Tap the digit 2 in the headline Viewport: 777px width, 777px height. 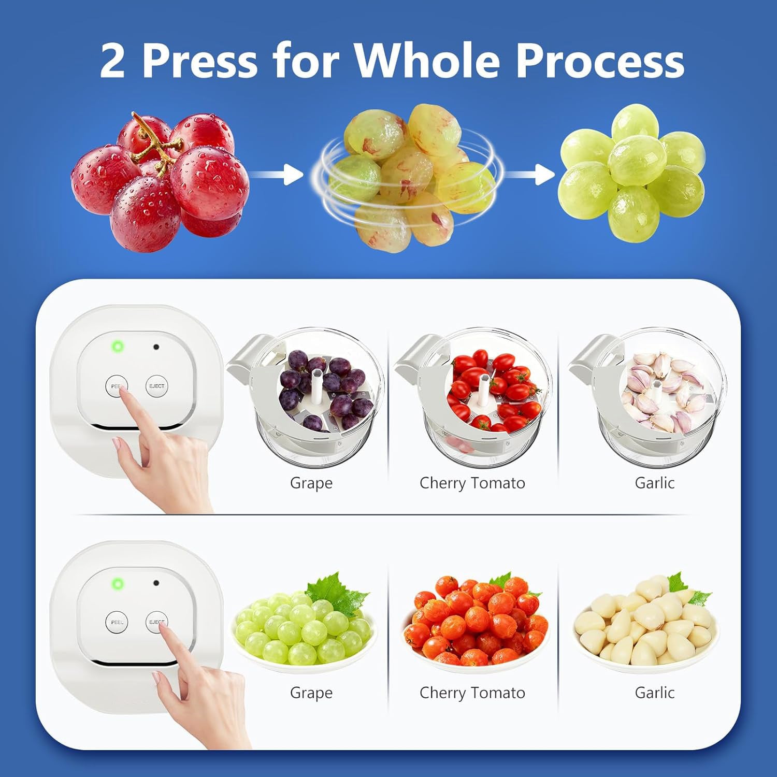pyautogui.click(x=112, y=61)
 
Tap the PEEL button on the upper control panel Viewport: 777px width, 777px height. pyautogui.click(x=116, y=386)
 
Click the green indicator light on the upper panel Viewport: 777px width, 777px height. pyautogui.click(x=118, y=347)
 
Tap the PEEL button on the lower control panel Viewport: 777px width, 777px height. pyautogui.click(x=117, y=622)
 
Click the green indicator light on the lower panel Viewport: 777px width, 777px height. pyautogui.click(x=118, y=584)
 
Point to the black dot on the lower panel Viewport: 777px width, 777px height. pyautogui.click(x=156, y=583)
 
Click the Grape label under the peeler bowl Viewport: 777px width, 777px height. pyautogui.click(x=311, y=483)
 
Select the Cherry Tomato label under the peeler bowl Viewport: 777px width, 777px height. pyautogui.click(x=472, y=483)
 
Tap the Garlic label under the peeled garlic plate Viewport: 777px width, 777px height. pyautogui.click(x=654, y=693)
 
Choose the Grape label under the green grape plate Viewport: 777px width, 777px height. pyautogui.click(x=311, y=693)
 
